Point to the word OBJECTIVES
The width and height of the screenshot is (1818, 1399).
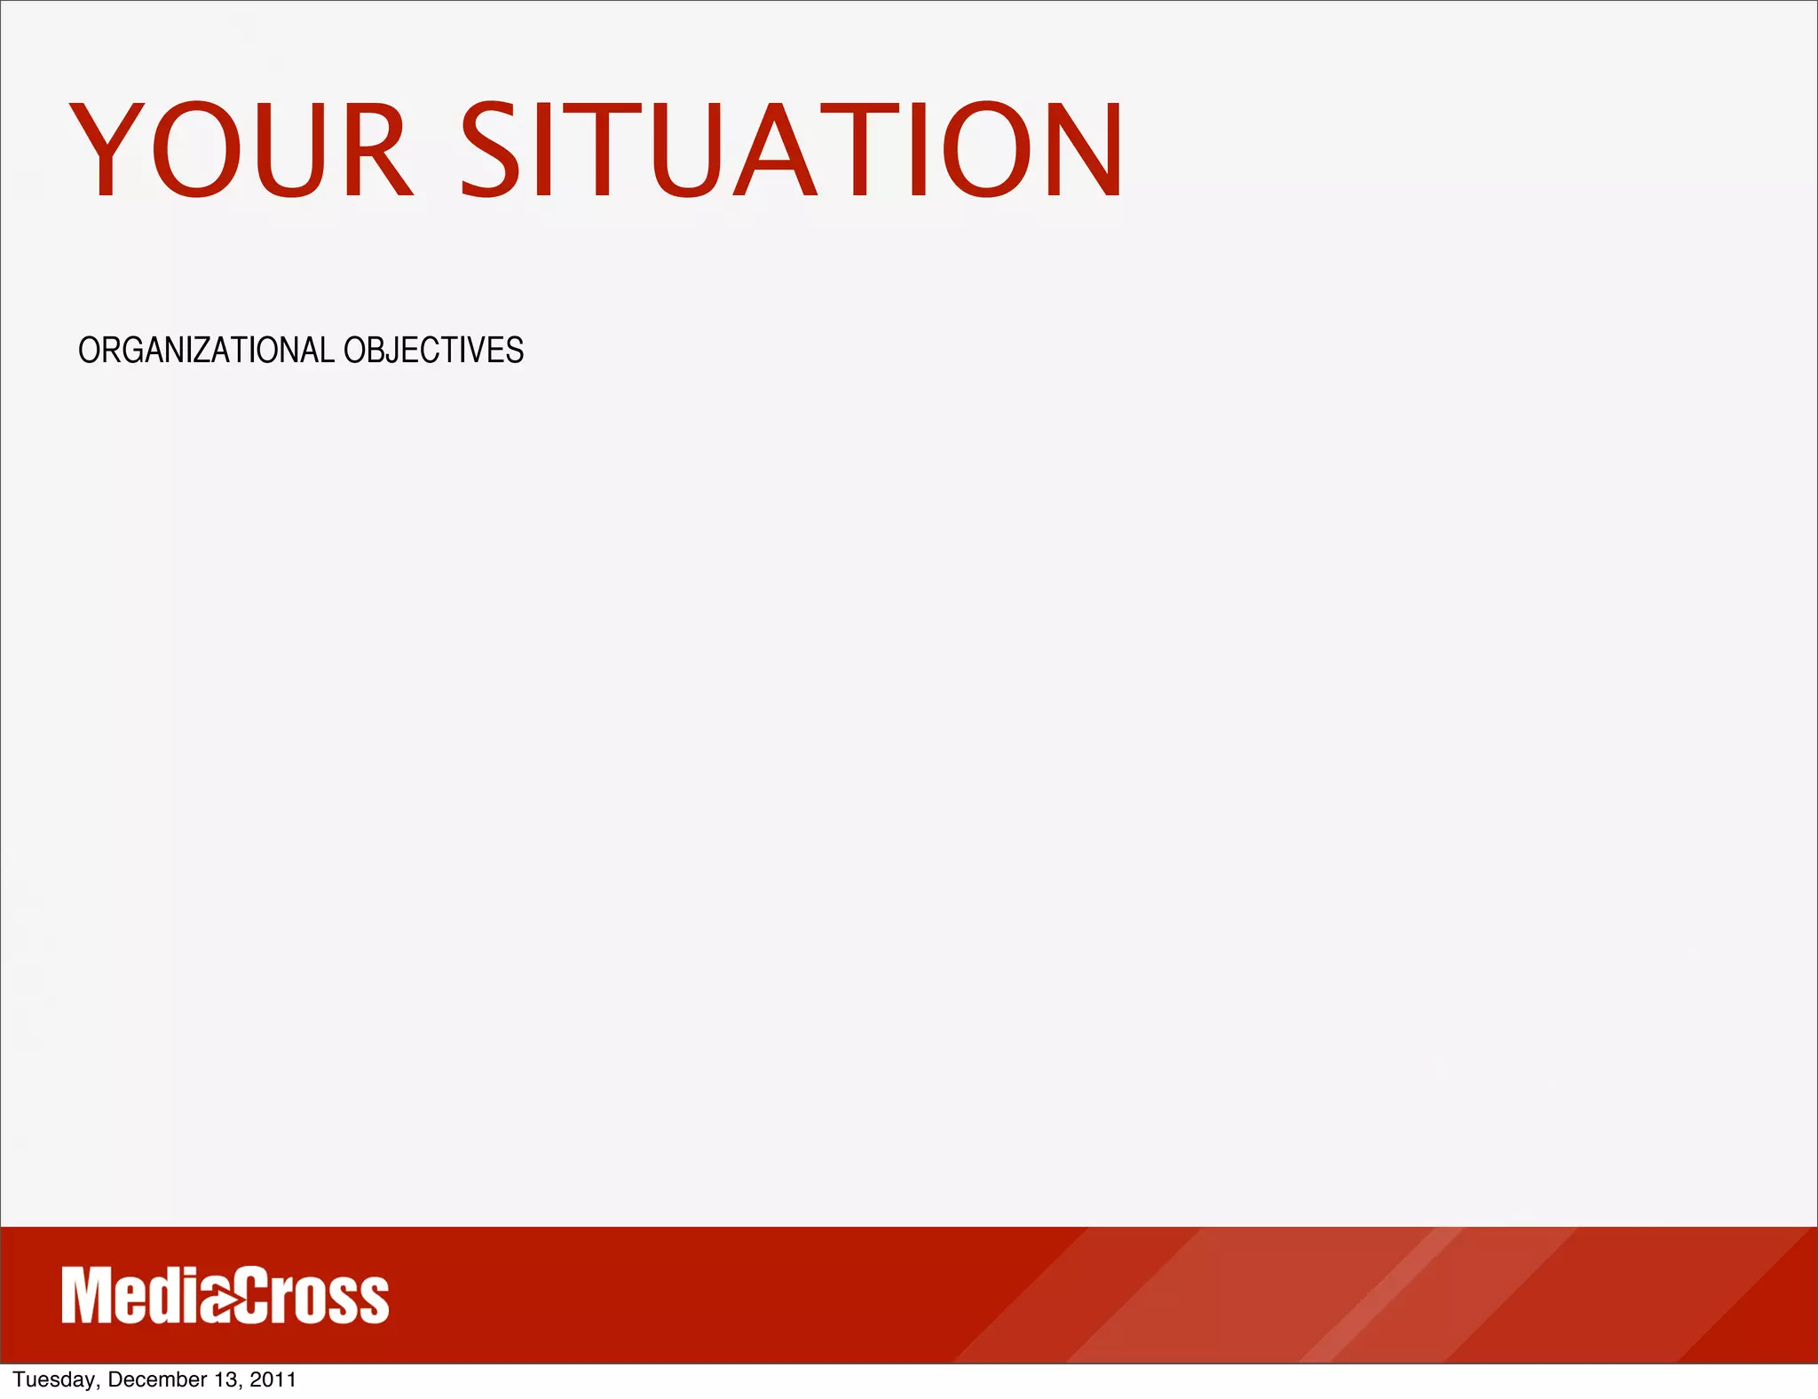point(434,351)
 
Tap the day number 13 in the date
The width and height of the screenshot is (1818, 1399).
point(225,1379)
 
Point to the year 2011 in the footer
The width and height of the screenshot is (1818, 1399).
point(273,1379)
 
